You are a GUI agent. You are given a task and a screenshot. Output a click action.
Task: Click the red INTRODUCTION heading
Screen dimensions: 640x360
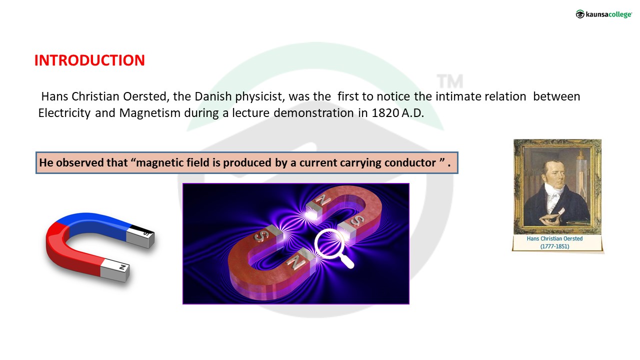point(89,60)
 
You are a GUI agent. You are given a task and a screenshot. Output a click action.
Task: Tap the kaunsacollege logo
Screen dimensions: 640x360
point(603,14)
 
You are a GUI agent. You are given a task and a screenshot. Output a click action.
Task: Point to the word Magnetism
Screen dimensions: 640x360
point(149,113)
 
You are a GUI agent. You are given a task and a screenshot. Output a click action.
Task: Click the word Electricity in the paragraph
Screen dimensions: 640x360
point(64,113)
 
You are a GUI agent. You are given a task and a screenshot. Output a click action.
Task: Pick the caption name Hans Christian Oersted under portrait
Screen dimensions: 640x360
point(554,238)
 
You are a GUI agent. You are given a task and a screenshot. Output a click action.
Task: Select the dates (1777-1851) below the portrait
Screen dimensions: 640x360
point(554,246)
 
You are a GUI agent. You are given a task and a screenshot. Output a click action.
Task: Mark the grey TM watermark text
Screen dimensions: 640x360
point(450,81)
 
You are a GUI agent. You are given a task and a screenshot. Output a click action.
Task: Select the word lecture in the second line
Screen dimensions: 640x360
point(250,113)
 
